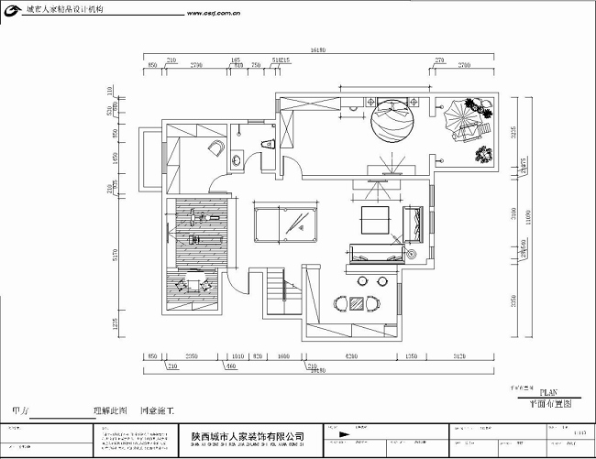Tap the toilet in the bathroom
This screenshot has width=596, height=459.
coord(267,142)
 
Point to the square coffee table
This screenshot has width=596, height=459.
coord(375,219)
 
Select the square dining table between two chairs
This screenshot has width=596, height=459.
coord(357,301)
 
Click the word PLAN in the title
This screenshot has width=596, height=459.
coord(547,390)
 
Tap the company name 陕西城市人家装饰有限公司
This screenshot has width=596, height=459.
coord(248,438)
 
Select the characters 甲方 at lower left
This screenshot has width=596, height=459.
coord(19,411)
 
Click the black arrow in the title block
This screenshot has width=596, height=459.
coord(342,433)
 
